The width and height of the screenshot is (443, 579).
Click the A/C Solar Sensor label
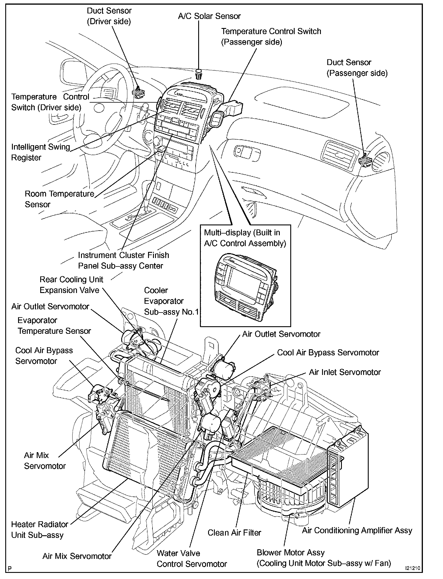[209, 16]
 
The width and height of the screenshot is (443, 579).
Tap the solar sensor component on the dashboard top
[198, 74]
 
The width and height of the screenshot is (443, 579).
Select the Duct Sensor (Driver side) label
[109, 16]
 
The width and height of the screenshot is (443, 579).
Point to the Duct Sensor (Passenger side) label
[357, 68]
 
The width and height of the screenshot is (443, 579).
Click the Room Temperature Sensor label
[59, 199]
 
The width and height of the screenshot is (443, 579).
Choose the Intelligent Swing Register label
[41, 152]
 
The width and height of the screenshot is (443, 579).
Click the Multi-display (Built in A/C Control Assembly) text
[245, 238]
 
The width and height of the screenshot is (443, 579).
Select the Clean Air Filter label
[234, 533]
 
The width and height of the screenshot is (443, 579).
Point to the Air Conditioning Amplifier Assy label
[357, 530]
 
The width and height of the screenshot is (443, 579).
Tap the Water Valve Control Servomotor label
[191, 559]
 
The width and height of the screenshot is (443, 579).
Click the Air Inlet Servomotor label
[345, 372]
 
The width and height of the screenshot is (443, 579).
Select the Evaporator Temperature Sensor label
[54, 326]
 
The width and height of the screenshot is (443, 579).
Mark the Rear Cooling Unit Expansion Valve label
[71, 285]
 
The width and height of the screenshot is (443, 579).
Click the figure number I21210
[412, 568]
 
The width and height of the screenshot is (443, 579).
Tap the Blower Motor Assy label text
[291, 552]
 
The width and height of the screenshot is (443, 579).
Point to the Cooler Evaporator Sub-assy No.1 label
[171, 301]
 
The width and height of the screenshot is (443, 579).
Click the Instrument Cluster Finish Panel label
[123, 260]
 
